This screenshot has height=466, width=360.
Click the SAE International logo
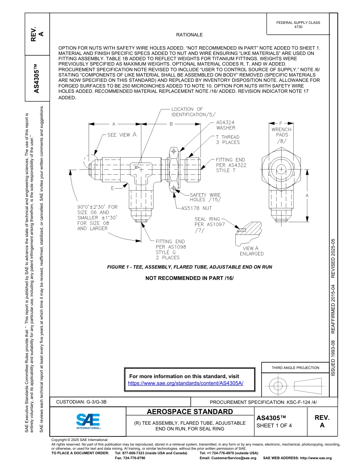point(88,421)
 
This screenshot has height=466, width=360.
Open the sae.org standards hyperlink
point(186,383)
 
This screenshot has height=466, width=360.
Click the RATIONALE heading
point(189,35)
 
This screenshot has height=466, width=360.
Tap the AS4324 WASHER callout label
point(225,125)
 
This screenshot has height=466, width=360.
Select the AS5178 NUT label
point(196,208)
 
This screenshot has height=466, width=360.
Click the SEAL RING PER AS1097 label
point(210,224)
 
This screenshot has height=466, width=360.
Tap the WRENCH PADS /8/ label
point(282,135)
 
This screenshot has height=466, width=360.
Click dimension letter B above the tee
point(171,124)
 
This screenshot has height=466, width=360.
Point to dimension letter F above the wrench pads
point(281,123)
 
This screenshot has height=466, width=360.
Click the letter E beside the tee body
point(113,188)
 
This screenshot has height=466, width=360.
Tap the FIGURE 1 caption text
point(189,267)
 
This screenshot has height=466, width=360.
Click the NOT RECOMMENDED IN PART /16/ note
point(189,278)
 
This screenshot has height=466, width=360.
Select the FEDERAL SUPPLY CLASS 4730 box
point(298,25)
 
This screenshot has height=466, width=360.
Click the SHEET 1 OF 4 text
point(274,425)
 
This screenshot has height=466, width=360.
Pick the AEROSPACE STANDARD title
point(190,412)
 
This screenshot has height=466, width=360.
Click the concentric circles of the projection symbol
point(278,386)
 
